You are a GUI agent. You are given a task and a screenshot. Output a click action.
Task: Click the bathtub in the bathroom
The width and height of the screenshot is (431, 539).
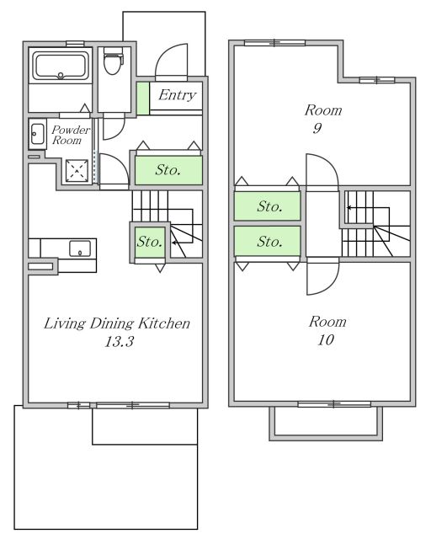tap(61, 66)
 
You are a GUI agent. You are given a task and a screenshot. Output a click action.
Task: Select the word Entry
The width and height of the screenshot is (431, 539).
tap(177, 95)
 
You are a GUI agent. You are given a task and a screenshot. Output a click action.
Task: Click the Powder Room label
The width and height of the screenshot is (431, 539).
tap(71, 135)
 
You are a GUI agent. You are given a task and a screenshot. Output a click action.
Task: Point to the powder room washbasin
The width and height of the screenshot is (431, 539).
tap(37, 134)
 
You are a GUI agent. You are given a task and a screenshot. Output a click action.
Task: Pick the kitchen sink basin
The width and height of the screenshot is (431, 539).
tap(80, 248)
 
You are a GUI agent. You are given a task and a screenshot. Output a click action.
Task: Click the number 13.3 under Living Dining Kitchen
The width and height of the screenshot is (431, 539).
tap(119, 342)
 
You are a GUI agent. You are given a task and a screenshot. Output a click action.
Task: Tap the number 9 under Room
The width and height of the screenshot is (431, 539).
tap(317, 128)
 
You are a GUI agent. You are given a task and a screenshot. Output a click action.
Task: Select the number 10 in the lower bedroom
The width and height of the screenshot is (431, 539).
tap(326, 340)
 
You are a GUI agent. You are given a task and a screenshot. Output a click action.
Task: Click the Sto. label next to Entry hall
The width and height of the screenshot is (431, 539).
tap(168, 170)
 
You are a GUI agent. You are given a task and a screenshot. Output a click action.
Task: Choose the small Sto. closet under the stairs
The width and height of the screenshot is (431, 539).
tap(150, 242)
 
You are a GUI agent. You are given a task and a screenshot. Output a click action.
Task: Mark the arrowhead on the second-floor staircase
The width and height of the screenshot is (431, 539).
tap(349, 208)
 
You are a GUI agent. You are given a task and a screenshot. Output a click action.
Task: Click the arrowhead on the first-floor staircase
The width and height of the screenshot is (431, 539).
tap(174, 243)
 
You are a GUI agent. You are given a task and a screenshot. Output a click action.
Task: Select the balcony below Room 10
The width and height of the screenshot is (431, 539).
tap(326, 424)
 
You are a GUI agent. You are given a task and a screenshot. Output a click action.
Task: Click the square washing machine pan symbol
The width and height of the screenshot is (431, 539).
tap(77, 170)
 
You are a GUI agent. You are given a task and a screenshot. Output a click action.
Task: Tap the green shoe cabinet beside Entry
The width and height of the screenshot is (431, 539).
tap(143, 99)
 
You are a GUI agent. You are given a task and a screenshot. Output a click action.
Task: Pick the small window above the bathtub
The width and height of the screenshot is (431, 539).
tap(75, 44)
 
